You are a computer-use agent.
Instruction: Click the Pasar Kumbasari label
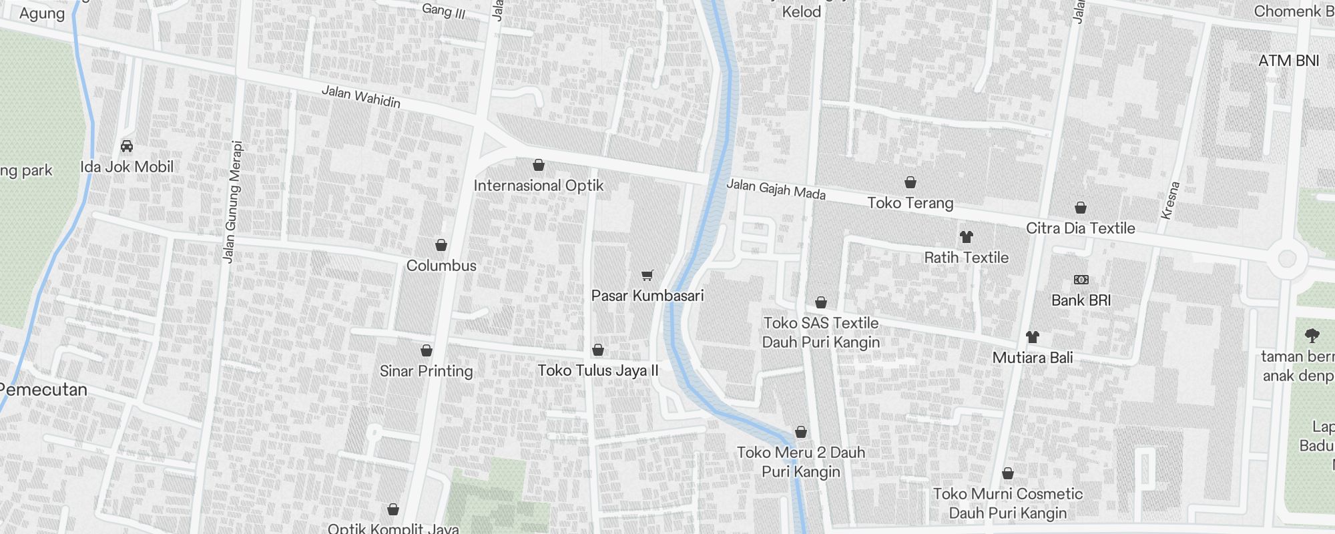[647, 296]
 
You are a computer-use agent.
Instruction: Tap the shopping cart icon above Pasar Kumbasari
[647, 275]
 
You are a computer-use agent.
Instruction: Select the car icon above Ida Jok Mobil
[127, 146]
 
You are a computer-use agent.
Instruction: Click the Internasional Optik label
[539, 186]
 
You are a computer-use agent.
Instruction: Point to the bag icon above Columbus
[441, 245]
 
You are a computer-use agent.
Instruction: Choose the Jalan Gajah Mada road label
[776, 189]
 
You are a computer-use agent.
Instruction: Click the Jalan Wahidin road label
[361, 97]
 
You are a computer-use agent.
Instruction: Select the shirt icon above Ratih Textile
[966, 236]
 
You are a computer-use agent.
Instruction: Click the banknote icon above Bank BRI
[1081, 280]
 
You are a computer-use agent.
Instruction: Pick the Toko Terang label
[910, 203]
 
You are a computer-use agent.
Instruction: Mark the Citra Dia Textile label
[1080, 228]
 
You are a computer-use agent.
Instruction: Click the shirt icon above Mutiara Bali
[1033, 336]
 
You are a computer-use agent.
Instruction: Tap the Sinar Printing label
[426, 371]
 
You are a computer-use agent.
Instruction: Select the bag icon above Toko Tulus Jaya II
[598, 350]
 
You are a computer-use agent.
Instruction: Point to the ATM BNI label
[1288, 61]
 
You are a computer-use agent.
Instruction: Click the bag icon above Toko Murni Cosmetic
[1008, 473]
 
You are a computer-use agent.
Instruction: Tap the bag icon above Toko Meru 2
[801, 432]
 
